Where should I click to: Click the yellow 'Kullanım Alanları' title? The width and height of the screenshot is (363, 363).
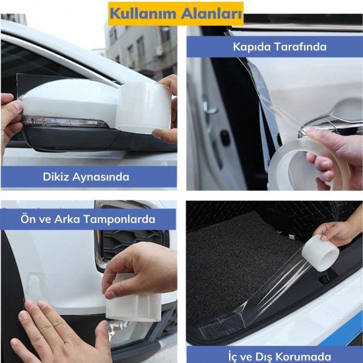point(176,13)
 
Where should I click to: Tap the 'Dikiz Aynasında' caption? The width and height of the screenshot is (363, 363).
point(86,177)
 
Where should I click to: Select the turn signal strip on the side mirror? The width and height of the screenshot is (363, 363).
point(63,122)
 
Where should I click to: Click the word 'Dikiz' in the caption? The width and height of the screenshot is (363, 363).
point(57,177)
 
